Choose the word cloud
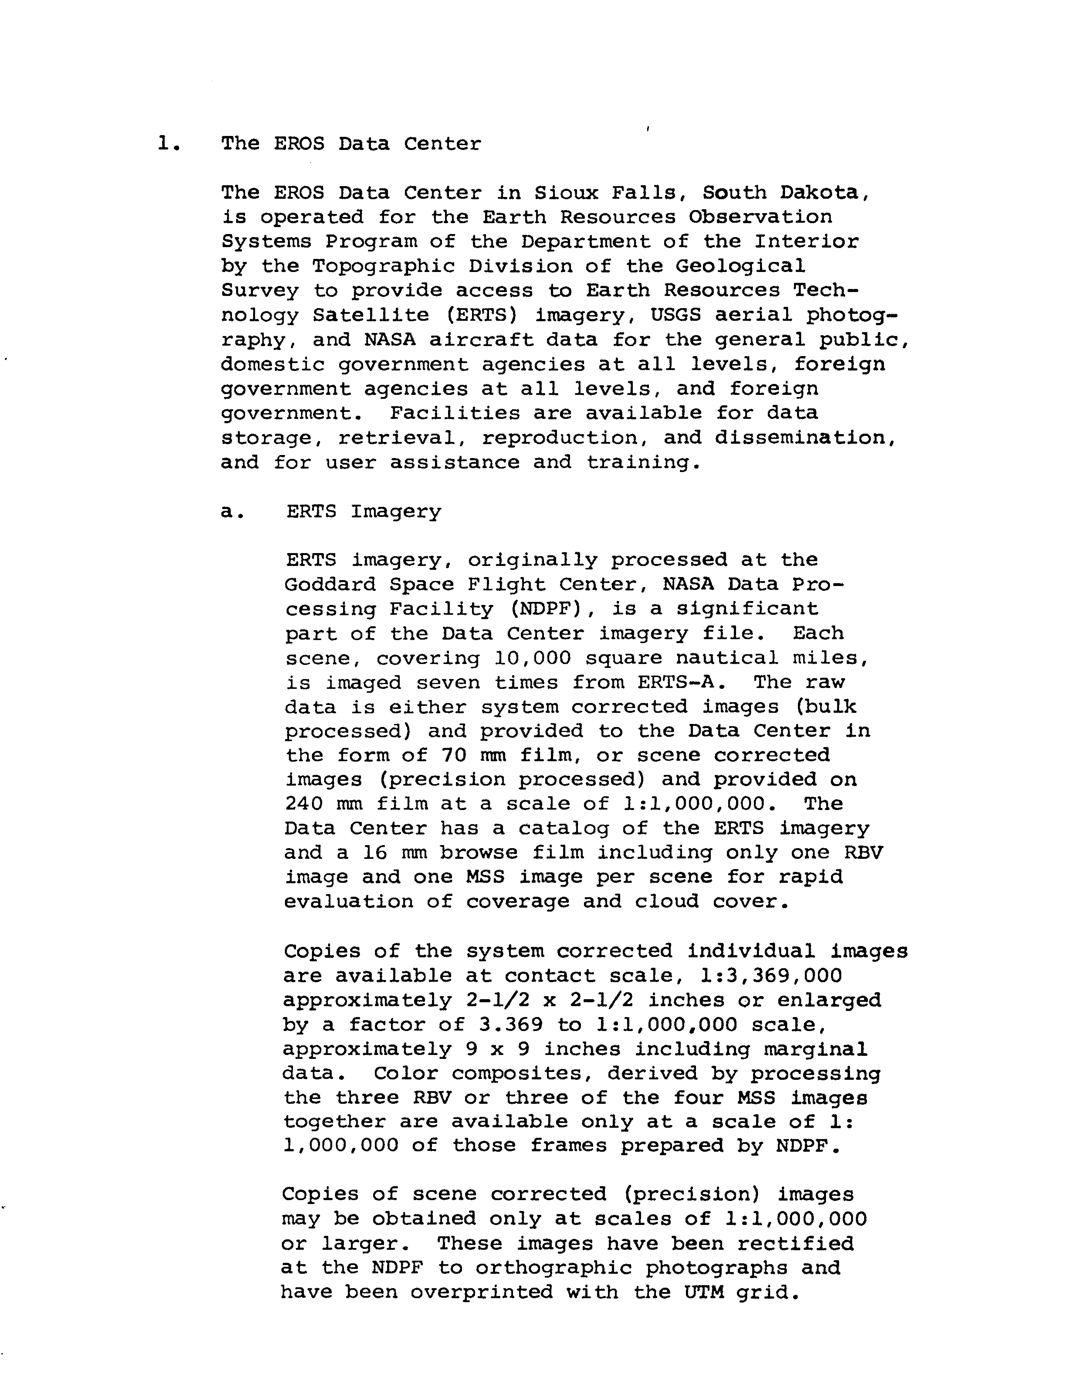(667, 902)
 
